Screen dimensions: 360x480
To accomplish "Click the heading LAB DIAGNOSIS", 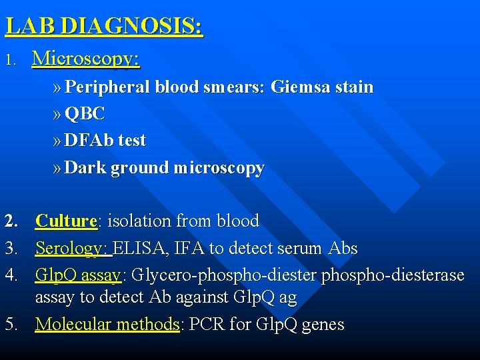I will [x=104, y=27].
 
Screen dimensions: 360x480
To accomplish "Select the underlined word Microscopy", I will [x=86, y=59].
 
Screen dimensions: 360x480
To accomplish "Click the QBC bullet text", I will [x=85, y=114].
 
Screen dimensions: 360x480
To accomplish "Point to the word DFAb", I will [x=89, y=141].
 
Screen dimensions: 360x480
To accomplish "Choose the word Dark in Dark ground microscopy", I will [x=85, y=167].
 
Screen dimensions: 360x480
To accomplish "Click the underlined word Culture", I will [x=66, y=221].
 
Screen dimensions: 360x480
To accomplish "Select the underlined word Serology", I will [x=72, y=249].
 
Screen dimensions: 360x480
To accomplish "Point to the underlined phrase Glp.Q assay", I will [x=78, y=275].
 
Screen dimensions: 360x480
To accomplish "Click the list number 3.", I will [x=10, y=249].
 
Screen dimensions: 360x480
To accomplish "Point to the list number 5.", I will [x=10, y=325].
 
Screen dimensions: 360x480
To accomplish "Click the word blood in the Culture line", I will [x=235, y=221].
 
